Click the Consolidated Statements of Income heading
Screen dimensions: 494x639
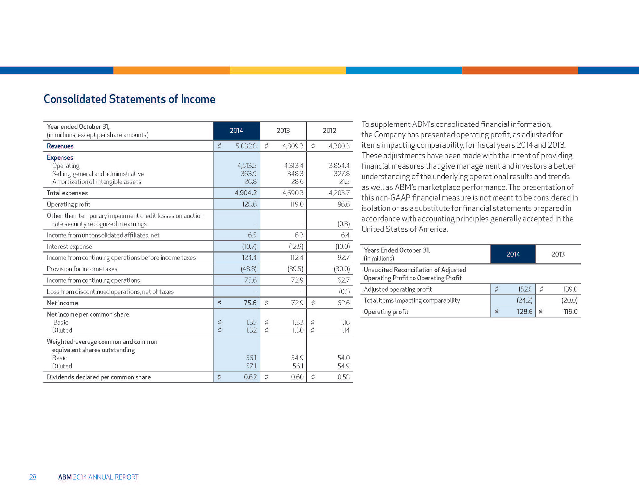pyautogui.click(x=129, y=99)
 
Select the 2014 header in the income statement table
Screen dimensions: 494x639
pyautogui.click(x=236, y=131)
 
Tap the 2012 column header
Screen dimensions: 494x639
pyautogui.click(x=329, y=131)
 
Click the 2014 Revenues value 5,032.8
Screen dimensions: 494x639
pyautogui.click(x=246, y=146)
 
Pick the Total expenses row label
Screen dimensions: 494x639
pyautogui.click(x=67, y=193)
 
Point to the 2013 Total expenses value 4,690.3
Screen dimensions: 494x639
pyautogui.click(x=293, y=193)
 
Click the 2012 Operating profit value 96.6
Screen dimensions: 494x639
pyautogui.click(x=344, y=204)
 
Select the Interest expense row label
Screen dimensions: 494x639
pyautogui.click(x=69, y=247)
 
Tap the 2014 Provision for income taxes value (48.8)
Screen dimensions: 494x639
pyautogui.click(x=249, y=269)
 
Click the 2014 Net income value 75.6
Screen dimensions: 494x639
pyautogui.click(x=250, y=303)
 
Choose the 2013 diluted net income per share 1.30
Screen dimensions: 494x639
pyautogui.click(x=297, y=330)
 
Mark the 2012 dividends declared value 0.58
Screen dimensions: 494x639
pyautogui.click(x=343, y=377)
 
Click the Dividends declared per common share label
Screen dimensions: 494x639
pyautogui.click(x=99, y=377)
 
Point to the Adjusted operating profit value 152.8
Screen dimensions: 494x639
pyautogui.click(x=525, y=289)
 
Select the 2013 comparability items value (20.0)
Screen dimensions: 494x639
pyautogui.click(x=569, y=300)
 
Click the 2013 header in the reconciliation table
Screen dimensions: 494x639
pyautogui.click(x=558, y=254)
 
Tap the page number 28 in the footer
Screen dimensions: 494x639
pyautogui.click(x=33, y=477)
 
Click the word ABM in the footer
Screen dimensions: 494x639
pyautogui.click(x=65, y=477)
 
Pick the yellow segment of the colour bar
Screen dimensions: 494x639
pyautogui.click(x=288, y=70)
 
